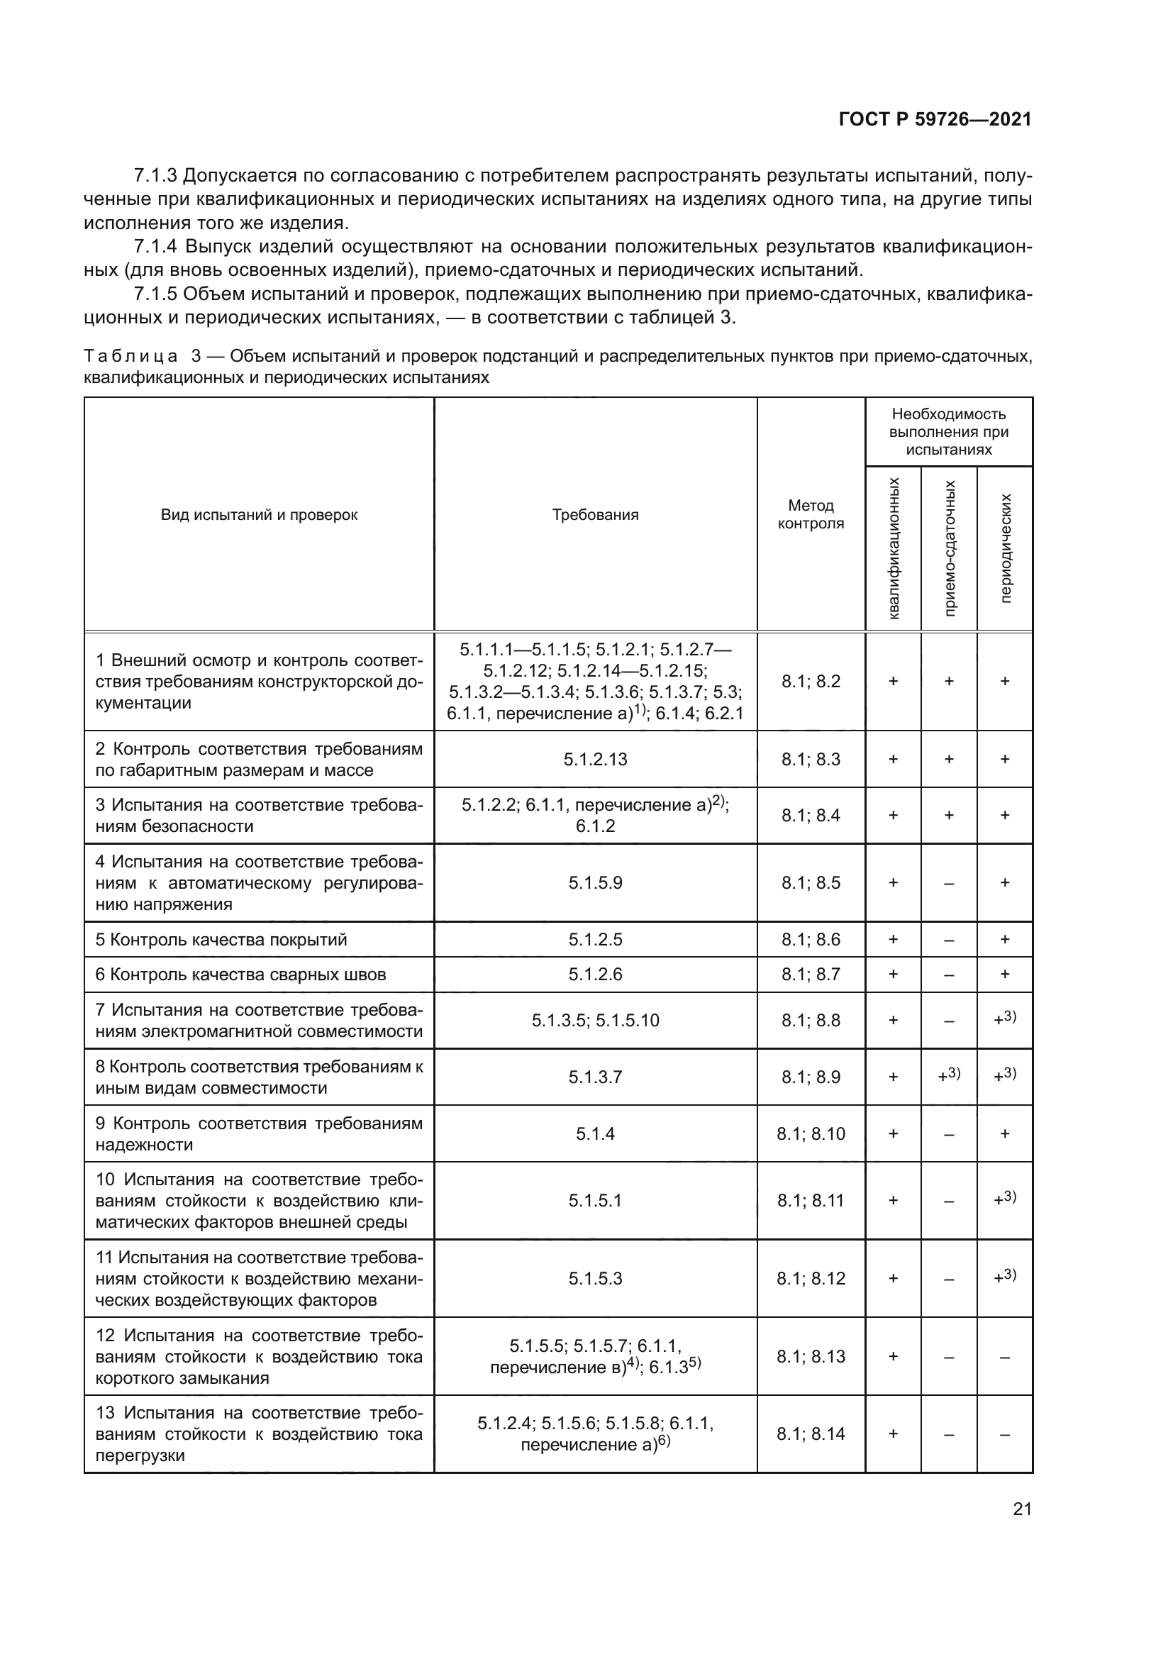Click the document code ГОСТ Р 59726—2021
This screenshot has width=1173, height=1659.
point(935,119)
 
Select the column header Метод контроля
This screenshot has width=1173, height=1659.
point(811,514)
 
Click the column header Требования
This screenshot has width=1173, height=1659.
point(595,515)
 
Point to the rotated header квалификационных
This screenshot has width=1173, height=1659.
point(894,548)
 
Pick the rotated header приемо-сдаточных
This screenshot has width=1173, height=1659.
point(949,548)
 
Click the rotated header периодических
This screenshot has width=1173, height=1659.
point(1006,548)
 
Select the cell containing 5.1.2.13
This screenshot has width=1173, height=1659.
point(595,759)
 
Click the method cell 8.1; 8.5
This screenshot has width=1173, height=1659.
point(811,882)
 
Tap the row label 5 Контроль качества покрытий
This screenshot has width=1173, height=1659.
point(221,939)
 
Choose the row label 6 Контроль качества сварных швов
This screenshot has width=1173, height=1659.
point(240,974)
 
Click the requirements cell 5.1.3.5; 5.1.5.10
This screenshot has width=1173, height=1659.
point(595,1020)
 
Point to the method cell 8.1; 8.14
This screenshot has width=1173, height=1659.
point(811,1434)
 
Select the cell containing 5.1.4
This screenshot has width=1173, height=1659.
point(595,1133)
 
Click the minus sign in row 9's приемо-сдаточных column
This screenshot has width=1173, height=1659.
point(949,1134)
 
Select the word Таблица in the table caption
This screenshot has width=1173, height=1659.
point(130,356)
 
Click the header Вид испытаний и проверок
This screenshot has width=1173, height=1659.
point(259,515)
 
